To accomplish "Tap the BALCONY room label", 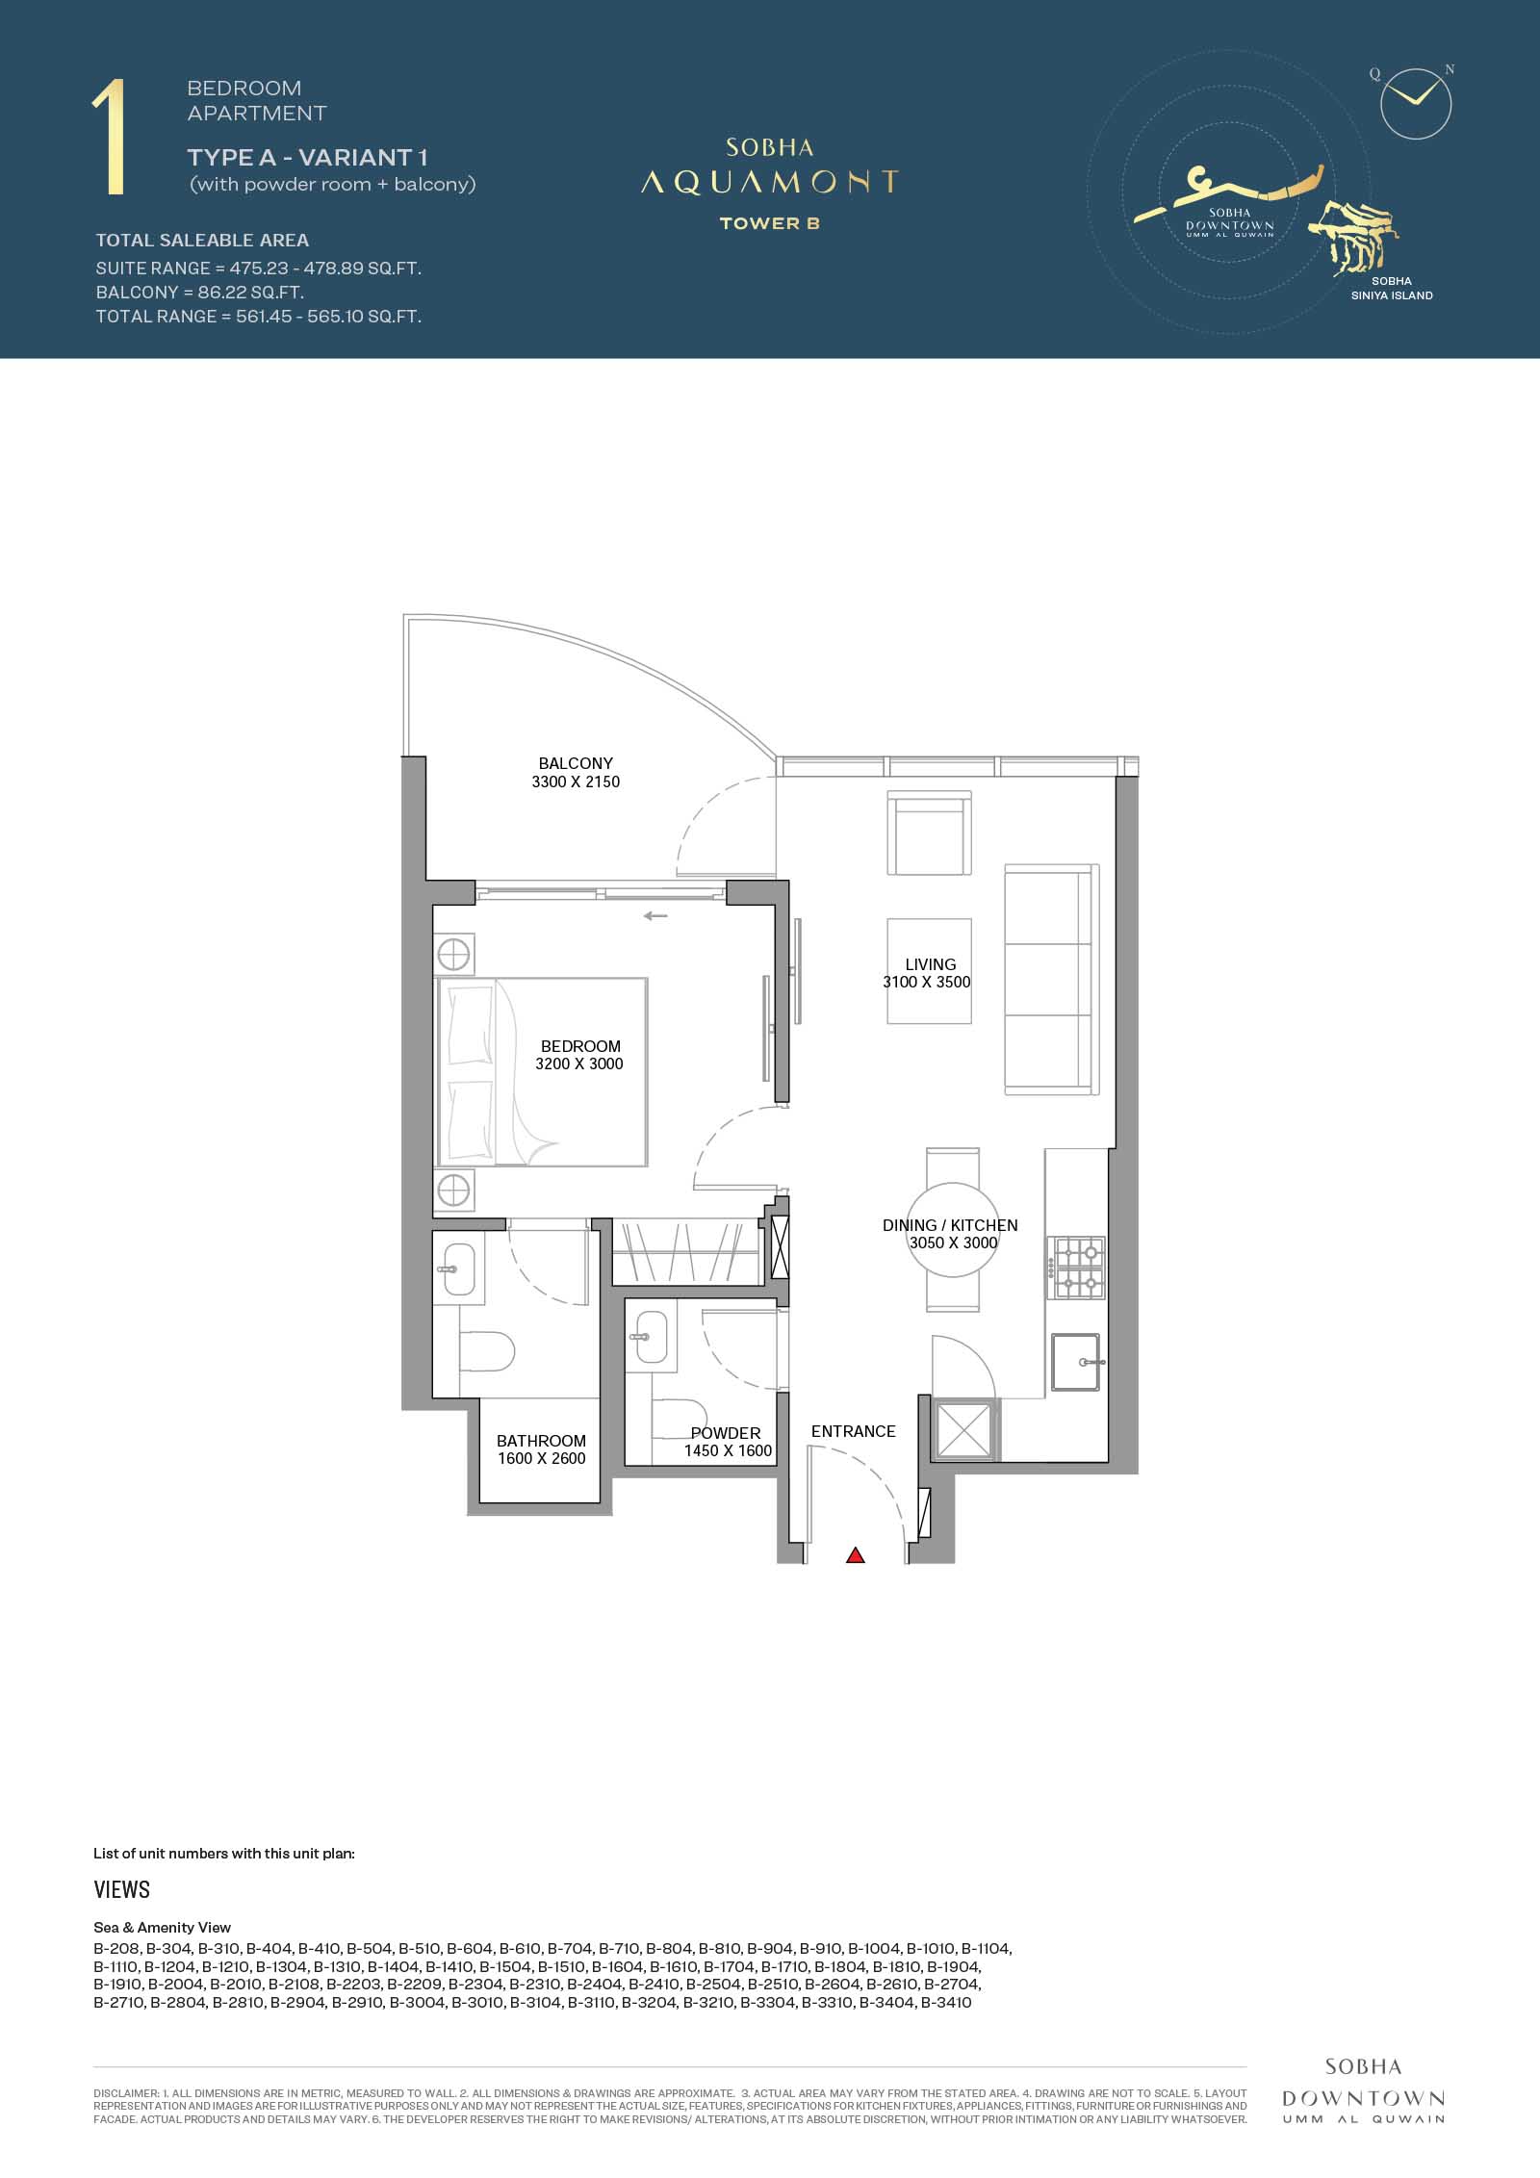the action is [576, 763].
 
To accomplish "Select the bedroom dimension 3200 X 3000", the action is [579, 1063].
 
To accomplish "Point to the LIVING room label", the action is [931, 964].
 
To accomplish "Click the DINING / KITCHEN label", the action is [950, 1225].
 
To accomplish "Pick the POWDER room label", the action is [726, 1433].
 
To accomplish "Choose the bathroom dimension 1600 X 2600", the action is [541, 1458].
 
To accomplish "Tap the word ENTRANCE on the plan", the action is [854, 1431].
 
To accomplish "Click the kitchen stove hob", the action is [1076, 1268].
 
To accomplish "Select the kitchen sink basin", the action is [1077, 1362].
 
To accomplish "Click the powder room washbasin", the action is [652, 1336].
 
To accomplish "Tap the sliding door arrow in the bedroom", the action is [655, 915].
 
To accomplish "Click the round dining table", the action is [953, 1230].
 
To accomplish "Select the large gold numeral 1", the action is [109, 139].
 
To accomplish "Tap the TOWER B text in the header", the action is [769, 223].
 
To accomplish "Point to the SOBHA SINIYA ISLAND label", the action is [1392, 289].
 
